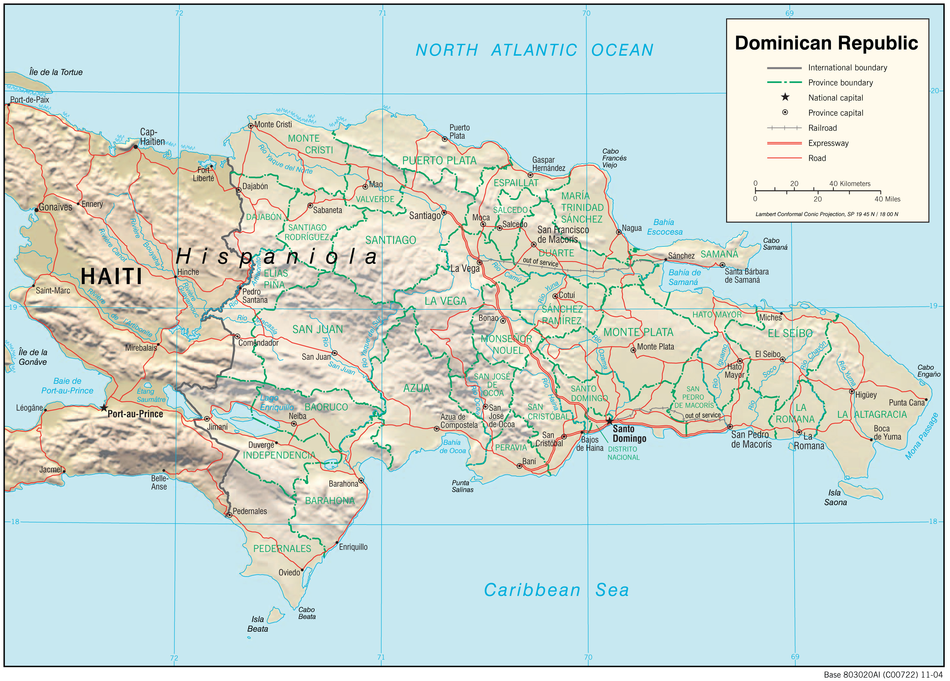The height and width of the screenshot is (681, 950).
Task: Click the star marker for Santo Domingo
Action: point(609,421)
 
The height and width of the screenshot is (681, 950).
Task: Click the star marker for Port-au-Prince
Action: point(104,408)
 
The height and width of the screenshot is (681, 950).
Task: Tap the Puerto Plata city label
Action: point(459,131)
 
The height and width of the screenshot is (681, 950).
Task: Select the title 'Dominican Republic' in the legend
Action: point(826,43)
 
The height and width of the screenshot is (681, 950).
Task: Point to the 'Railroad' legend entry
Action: point(822,128)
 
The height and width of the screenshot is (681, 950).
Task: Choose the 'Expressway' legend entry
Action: point(828,143)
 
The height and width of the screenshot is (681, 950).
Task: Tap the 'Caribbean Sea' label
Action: point(556,590)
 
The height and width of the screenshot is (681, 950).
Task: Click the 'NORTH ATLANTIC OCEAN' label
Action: point(534,50)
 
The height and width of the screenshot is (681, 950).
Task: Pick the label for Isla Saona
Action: point(835,498)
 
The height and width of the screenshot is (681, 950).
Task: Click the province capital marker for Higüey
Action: point(851,391)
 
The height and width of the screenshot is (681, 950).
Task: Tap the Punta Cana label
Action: point(906,403)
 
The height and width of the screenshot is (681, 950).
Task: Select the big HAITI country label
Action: point(111,277)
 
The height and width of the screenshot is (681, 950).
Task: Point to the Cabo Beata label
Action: point(307,613)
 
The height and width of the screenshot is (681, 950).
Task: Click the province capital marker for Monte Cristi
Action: point(251,126)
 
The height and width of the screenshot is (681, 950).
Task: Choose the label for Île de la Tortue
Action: point(56,72)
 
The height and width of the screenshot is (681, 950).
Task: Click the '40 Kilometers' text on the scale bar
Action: point(849,184)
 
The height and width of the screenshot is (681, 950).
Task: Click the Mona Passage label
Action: point(922,436)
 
